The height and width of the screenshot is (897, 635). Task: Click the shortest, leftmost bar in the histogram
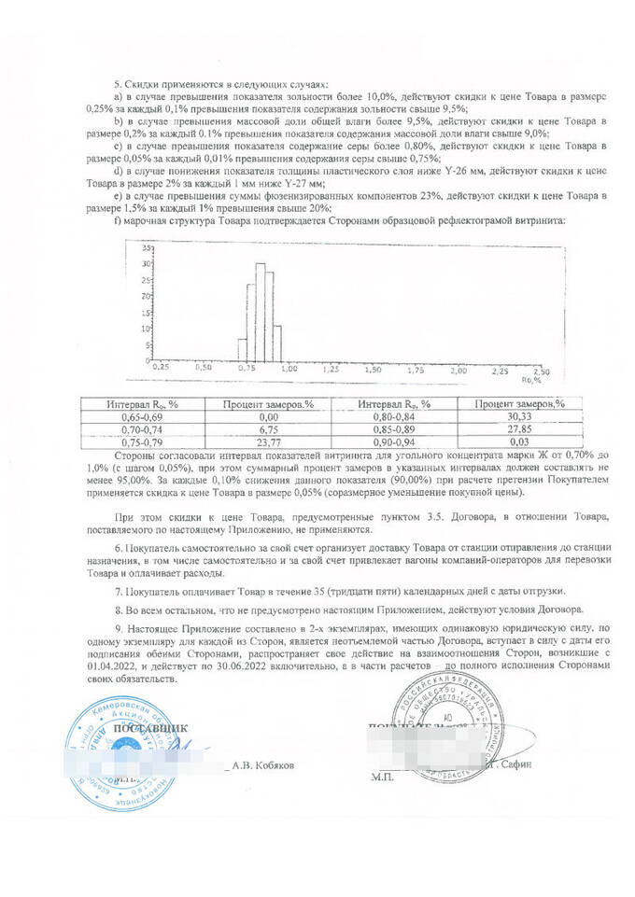pyautogui.click(x=243, y=348)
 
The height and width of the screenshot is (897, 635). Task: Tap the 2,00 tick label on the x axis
pyautogui.click(x=459, y=371)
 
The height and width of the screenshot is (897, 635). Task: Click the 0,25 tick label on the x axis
pyautogui.click(x=161, y=369)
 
